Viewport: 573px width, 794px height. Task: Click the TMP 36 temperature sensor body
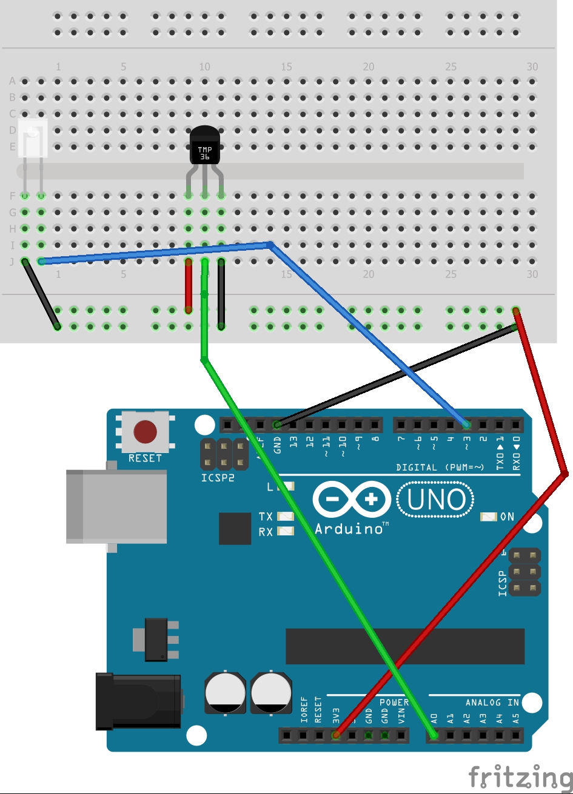pos(205,147)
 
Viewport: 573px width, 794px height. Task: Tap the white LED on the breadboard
pos(33,139)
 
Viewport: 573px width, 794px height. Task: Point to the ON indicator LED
pos(489,517)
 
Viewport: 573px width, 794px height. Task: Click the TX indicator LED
pos(285,517)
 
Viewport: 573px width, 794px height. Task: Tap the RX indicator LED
pos(285,531)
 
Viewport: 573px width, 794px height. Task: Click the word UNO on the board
pos(437,500)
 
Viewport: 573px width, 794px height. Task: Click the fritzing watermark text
pos(520,776)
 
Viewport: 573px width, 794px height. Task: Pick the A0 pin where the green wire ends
pos(434,736)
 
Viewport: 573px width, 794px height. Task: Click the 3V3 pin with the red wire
pos(336,736)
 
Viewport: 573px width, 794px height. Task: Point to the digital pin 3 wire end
pos(466,424)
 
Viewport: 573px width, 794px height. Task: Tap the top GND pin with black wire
pos(277,425)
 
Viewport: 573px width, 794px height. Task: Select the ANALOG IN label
pos(492,703)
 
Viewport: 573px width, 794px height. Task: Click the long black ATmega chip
pos(405,646)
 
